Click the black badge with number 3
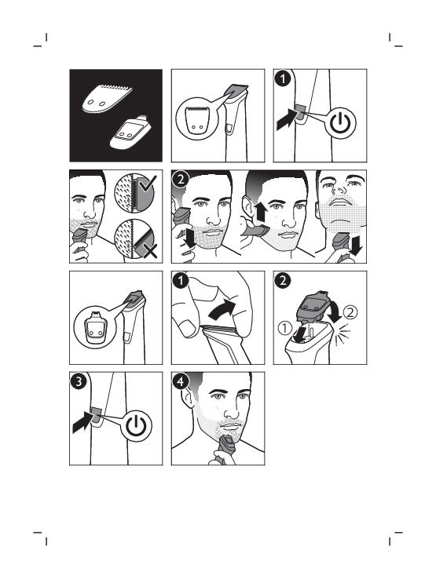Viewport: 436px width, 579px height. click(79, 381)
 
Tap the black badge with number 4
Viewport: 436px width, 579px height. click(181, 381)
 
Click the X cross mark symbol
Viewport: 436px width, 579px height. click(150, 252)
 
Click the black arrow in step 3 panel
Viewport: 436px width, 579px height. click(83, 422)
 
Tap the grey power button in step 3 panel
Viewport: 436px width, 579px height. click(97, 415)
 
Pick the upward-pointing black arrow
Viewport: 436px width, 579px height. click(260, 213)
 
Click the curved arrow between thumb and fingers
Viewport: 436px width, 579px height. click(222, 308)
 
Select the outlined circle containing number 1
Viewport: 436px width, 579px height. click(285, 327)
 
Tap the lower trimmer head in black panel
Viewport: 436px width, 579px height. click(130, 133)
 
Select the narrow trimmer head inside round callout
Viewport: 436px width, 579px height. click(97, 326)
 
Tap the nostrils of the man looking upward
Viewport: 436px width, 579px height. click(335, 191)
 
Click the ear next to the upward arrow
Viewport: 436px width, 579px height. click(247, 208)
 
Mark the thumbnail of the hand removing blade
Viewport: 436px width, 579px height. click(186, 328)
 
